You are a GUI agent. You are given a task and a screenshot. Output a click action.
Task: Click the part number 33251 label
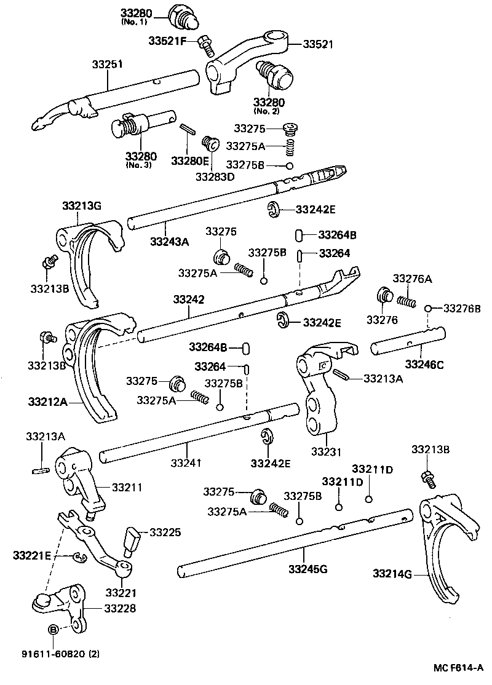point(108,63)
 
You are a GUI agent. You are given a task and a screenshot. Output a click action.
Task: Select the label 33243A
point(169,242)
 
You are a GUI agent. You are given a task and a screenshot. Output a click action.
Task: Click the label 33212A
point(46,402)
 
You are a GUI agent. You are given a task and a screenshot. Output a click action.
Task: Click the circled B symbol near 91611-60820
point(53,629)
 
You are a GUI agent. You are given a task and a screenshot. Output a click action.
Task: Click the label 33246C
point(424,365)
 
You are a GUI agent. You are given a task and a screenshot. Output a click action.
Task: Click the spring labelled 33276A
point(407,301)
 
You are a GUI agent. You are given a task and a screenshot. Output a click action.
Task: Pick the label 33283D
point(215,176)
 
